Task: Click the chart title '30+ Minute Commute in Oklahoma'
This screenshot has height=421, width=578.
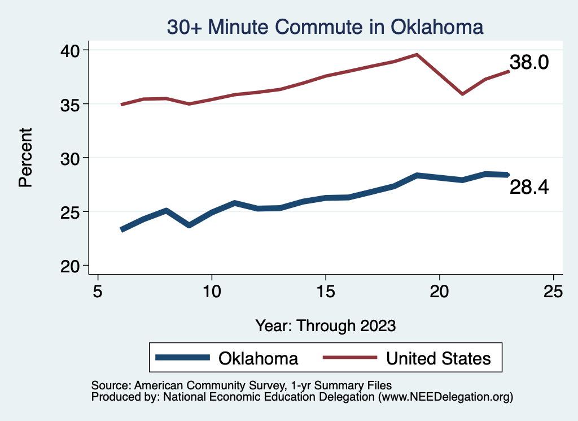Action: pyautogui.click(x=325, y=27)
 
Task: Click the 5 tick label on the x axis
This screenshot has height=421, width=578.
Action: pyautogui.click(x=98, y=292)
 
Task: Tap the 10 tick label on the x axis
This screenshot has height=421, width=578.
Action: pyautogui.click(x=212, y=292)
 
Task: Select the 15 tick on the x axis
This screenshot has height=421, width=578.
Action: pyautogui.click(x=326, y=292)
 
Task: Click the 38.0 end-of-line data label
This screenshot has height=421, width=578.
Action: pyautogui.click(x=529, y=63)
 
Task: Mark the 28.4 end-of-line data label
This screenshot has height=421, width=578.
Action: pyautogui.click(x=529, y=188)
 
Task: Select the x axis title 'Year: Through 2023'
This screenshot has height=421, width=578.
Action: pyautogui.click(x=326, y=325)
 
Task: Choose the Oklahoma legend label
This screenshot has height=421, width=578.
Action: pyautogui.click(x=259, y=358)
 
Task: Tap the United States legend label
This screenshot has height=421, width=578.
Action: pyautogui.click(x=438, y=358)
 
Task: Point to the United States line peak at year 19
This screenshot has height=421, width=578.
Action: pyautogui.click(x=417, y=54)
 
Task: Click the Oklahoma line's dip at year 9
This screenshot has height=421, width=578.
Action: pyautogui.click(x=189, y=225)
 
